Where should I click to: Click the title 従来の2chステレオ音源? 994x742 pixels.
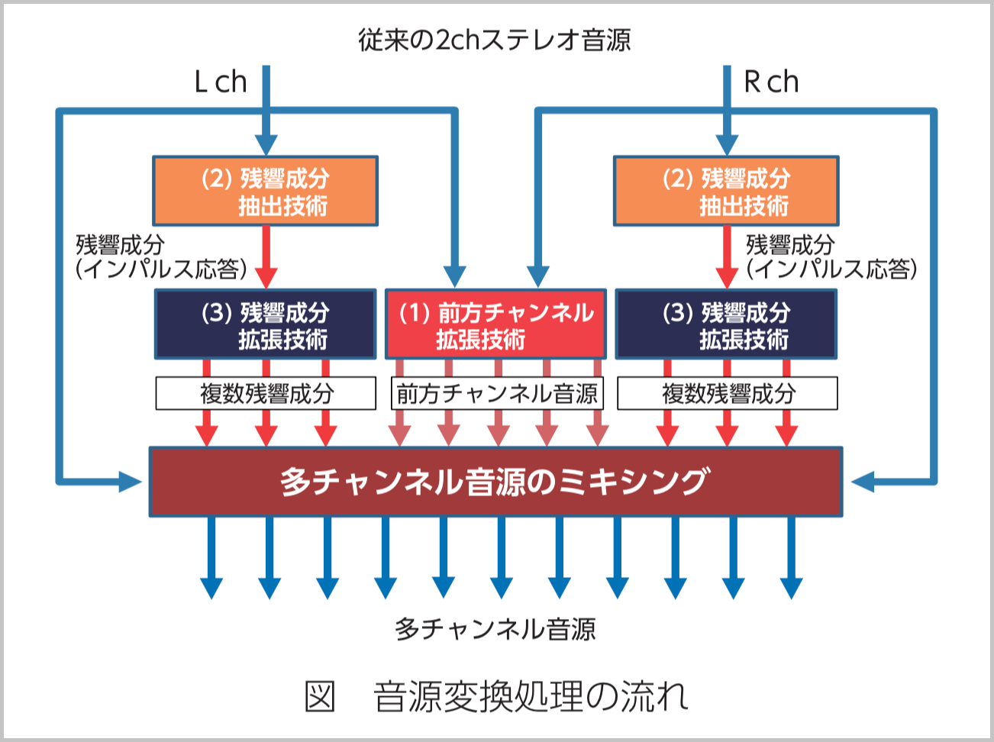(495, 40)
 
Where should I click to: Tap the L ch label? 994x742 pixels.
(221, 82)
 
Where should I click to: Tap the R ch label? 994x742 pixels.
(771, 82)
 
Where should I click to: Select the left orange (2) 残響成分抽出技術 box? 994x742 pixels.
(266, 191)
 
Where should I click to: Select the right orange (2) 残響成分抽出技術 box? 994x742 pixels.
(726, 191)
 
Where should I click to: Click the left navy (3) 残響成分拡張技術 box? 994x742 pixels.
(266, 324)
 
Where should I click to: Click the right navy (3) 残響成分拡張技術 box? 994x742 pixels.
(726, 324)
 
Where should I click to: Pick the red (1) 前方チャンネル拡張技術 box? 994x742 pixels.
(495, 324)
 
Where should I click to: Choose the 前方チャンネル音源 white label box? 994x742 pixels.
(497, 394)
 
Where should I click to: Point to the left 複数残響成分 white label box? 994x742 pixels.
(266, 394)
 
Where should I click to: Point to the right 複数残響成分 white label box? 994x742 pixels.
(727, 394)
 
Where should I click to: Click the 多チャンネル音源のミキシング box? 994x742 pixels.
(495, 482)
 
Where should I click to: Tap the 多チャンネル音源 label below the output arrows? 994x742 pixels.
(495, 629)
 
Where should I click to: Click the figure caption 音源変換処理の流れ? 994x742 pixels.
(531, 696)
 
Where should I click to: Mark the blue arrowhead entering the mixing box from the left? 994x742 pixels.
(131, 482)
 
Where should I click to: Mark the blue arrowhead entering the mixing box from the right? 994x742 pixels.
(862, 482)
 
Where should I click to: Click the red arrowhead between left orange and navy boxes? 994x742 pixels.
(266, 276)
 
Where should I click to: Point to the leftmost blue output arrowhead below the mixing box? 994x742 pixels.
(211, 588)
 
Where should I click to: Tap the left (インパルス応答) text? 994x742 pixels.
(161, 269)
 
